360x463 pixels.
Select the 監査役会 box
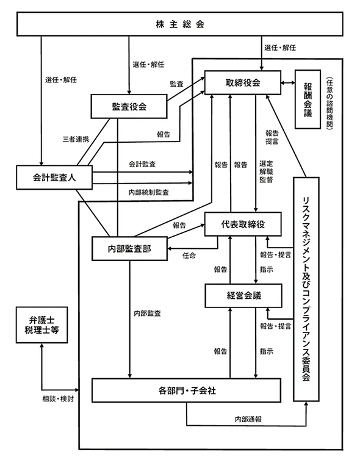(129, 106)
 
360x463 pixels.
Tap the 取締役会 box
(242, 83)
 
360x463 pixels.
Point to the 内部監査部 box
(129, 249)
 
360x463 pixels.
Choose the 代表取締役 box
(242, 224)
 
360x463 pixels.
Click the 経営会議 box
(242, 295)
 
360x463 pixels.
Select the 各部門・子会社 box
(185, 390)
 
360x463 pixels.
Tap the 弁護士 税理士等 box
(41, 325)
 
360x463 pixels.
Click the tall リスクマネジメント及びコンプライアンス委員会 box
(306, 289)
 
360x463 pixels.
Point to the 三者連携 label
(76, 139)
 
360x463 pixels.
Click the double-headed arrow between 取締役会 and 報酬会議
(288, 83)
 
